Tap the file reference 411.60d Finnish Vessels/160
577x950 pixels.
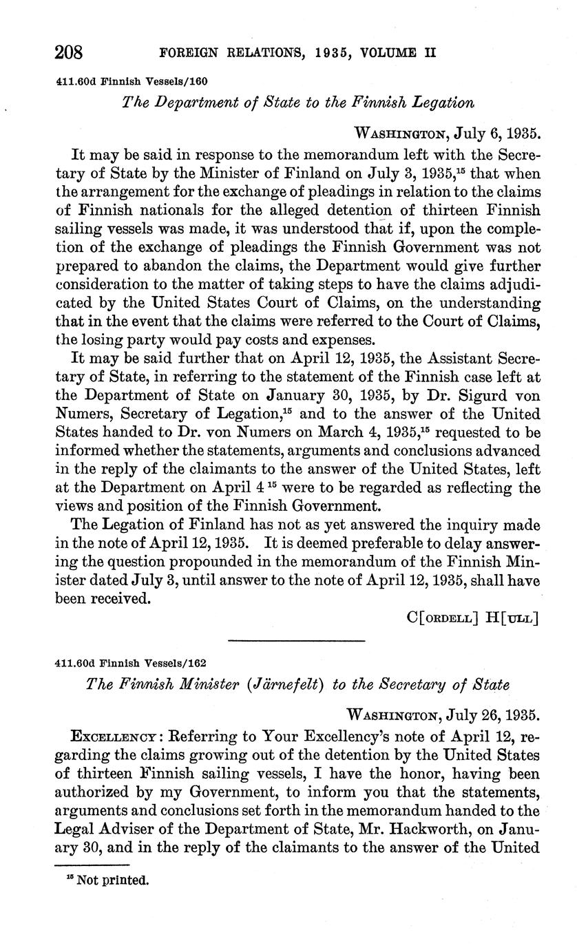coord(131,81)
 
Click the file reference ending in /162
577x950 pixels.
coord(131,663)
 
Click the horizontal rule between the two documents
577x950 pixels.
coord(296,642)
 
